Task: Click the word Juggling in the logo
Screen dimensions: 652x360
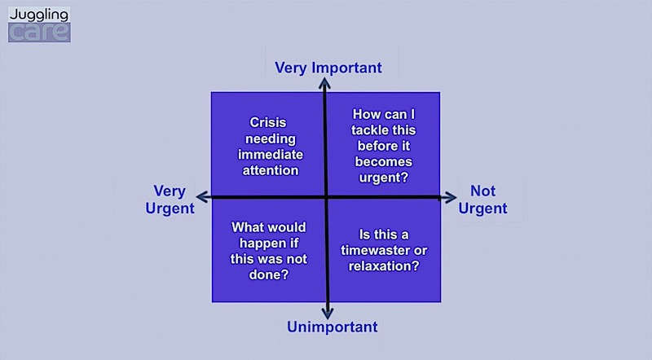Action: (x=39, y=15)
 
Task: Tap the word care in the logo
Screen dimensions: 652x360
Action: (x=39, y=33)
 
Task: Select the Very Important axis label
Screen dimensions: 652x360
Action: (x=328, y=68)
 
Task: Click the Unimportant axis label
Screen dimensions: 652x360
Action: (x=333, y=327)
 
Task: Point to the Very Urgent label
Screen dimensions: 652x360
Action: (x=170, y=200)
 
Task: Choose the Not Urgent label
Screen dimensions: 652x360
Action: (x=482, y=200)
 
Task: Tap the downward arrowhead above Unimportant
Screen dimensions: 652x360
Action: (x=328, y=314)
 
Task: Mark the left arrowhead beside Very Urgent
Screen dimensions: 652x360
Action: (x=202, y=197)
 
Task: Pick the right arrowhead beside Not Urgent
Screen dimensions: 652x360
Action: (x=450, y=197)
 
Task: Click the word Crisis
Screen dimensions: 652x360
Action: (x=268, y=123)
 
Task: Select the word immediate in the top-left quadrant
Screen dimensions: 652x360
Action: (x=271, y=155)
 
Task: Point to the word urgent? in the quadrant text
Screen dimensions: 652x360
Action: (x=383, y=178)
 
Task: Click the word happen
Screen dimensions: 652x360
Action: (x=269, y=244)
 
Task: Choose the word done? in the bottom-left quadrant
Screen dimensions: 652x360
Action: (x=269, y=274)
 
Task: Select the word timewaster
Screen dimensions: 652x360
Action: (x=371, y=250)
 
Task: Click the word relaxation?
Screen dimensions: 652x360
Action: (x=384, y=266)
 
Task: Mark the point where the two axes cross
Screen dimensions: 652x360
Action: (x=326, y=197)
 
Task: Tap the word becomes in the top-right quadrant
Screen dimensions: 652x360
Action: (x=383, y=162)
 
